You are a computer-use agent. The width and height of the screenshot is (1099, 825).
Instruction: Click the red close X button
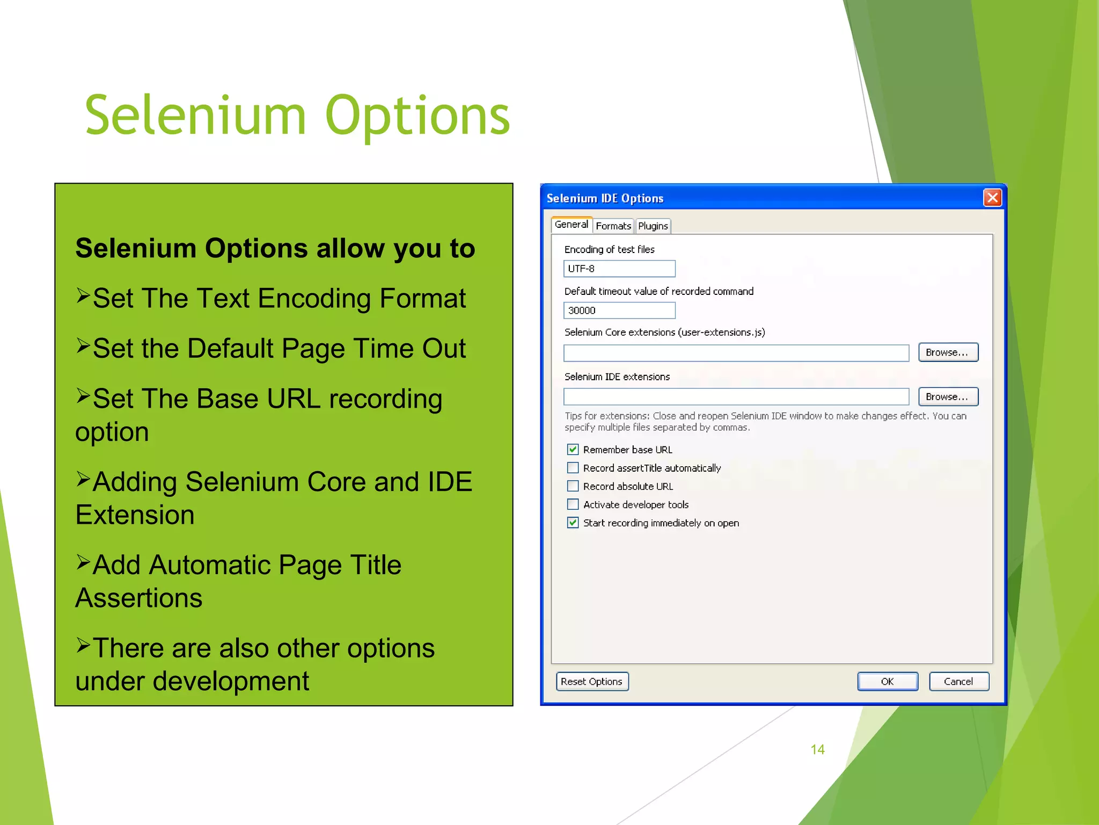click(992, 198)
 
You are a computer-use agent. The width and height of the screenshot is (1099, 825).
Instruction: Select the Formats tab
click(613, 226)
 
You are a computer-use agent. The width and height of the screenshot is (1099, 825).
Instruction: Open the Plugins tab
click(653, 226)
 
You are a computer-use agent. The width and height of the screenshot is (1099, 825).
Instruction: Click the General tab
click(571, 225)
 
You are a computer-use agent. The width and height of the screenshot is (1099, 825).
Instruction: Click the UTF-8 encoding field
click(619, 269)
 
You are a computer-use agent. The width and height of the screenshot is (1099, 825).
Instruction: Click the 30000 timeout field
click(619, 310)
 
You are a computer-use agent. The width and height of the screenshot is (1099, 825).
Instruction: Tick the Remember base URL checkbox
click(573, 450)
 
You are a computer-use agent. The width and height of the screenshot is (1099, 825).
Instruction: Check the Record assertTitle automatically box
click(573, 468)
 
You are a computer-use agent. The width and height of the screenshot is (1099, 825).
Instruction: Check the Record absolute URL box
click(573, 486)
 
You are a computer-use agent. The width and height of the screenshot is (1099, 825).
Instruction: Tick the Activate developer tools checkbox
click(573, 504)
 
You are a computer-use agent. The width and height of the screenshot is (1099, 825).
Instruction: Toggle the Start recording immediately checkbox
click(573, 523)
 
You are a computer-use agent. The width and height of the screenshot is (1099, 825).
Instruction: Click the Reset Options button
click(592, 682)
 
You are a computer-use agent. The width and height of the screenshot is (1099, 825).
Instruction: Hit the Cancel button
click(958, 682)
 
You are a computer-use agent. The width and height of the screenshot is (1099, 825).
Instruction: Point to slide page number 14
click(817, 749)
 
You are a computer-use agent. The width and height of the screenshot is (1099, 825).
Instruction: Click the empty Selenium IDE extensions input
click(736, 397)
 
